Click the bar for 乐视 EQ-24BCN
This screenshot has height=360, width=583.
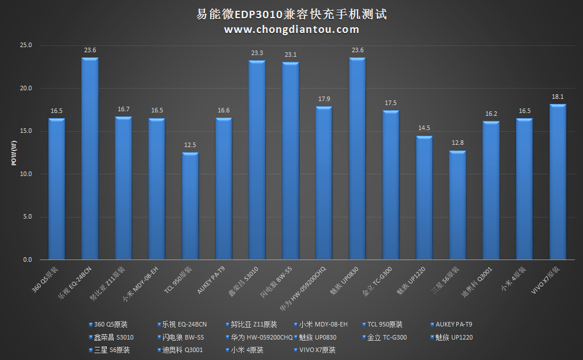point(90,159)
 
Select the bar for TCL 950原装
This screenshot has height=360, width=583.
point(190,206)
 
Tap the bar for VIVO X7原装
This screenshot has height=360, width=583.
point(557,182)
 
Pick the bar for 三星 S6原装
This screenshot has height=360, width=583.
point(457,206)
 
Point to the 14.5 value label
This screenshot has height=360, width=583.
point(424,129)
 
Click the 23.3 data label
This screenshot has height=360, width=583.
point(257,53)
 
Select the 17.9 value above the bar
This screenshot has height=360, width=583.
point(324,99)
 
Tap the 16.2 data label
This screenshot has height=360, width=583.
point(491,114)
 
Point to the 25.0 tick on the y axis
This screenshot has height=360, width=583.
point(26,45)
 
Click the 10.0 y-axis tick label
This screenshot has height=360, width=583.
point(26,174)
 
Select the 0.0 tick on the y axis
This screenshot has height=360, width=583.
point(28,260)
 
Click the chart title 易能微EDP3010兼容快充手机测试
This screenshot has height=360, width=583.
point(291,14)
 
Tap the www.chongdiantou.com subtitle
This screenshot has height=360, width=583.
point(291,30)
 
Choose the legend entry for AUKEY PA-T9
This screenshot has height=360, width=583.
point(453,325)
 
